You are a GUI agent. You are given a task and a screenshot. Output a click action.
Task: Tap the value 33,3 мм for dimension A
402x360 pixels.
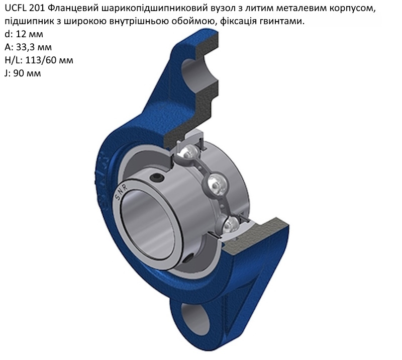tap(34, 47)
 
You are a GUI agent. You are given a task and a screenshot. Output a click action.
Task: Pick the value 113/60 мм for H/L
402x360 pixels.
tap(49, 60)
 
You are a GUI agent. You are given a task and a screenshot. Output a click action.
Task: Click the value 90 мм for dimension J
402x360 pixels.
tap(27, 73)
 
